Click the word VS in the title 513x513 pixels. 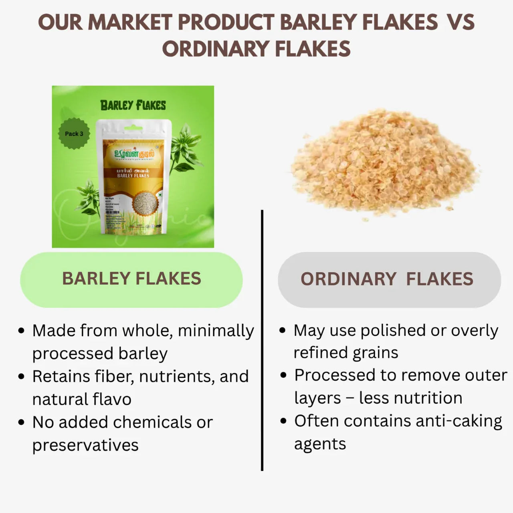coord(461,22)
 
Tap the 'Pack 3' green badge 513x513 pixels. coord(74,133)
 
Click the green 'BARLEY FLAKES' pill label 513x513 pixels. coord(131,279)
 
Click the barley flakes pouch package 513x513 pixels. coord(133,180)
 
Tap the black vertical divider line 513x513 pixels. coord(262,341)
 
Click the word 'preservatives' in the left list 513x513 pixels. coord(85,445)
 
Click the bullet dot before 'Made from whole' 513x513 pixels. coord(22,331)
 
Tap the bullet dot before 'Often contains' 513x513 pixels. coord(284,422)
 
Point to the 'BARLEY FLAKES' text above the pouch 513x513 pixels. coord(133,105)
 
